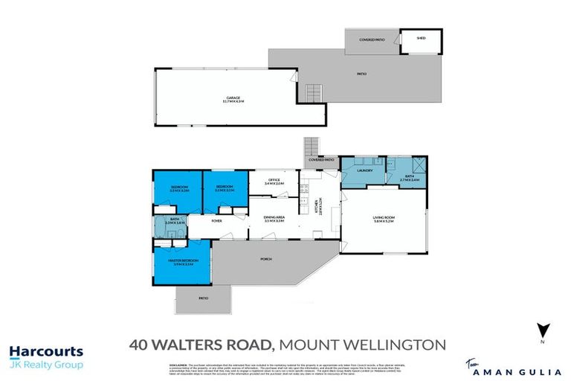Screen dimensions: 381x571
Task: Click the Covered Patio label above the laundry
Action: [x=321, y=160]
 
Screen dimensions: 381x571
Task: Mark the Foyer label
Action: [x=217, y=221]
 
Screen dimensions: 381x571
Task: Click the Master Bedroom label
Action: [x=182, y=261]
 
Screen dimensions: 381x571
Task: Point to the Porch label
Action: [x=265, y=259]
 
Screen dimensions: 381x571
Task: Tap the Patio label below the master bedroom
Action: [x=203, y=298]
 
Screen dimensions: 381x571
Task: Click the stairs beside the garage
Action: [x=314, y=93]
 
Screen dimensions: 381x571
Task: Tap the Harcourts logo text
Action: [x=46, y=352]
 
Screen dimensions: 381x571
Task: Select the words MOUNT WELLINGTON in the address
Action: [x=365, y=345]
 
